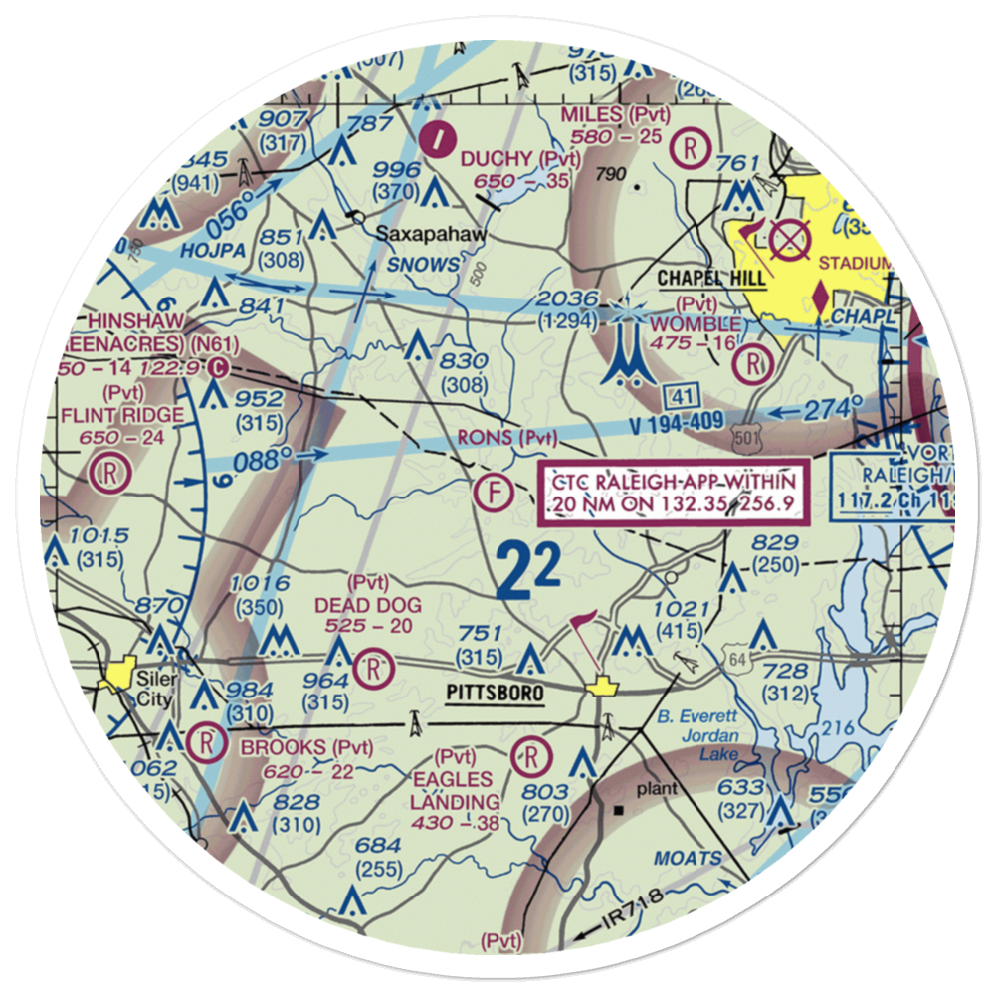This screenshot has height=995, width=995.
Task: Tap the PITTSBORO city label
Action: point(496,693)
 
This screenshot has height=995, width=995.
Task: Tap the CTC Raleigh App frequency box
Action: point(669,493)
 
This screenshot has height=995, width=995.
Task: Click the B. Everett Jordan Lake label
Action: point(697,735)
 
